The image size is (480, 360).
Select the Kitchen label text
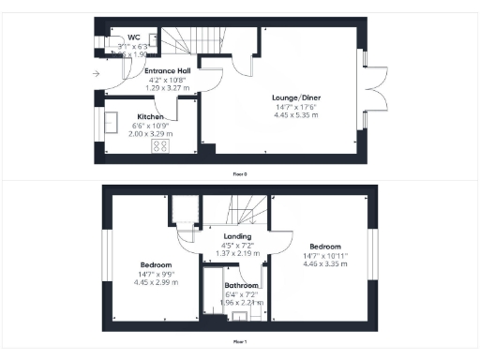coord(126,117)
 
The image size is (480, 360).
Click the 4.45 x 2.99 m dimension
coord(155,281)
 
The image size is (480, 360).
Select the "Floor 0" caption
coord(240,173)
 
